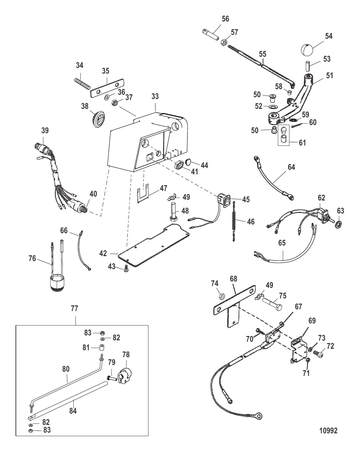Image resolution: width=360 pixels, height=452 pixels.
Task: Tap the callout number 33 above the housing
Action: [x=155, y=97]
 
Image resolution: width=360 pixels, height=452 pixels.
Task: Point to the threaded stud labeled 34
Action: [x=82, y=83]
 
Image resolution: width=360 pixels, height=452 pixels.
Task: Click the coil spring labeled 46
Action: [x=234, y=221]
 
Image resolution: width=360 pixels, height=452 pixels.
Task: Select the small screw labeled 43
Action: [x=126, y=268]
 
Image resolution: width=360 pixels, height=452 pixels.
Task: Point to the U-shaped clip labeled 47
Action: [x=143, y=193]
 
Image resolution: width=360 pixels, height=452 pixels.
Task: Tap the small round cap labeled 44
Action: [x=188, y=162]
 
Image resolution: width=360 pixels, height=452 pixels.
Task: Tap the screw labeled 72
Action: [x=318, y=354]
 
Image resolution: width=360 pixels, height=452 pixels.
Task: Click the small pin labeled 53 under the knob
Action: [x=307, y=66]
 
